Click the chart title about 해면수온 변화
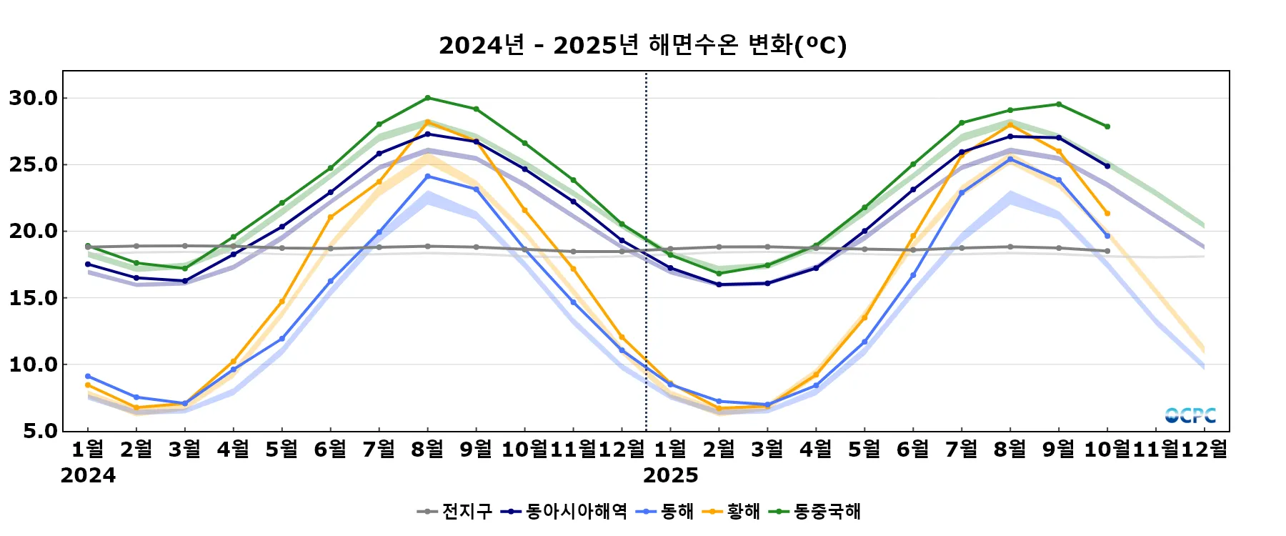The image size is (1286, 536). point(642,45)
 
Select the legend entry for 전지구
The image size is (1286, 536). point(455,511)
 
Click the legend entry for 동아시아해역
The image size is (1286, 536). point(564,511)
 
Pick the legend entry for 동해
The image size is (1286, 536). point(668,511)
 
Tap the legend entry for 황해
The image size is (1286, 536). point(732,511)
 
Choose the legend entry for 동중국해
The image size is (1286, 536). point(815,511)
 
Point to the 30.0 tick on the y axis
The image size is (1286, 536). point(34,98)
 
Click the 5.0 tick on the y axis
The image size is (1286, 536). point(40,431)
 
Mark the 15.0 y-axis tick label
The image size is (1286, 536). point(34,298)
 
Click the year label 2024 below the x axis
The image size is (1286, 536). point(88,475)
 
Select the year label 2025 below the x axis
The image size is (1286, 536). point(671,475)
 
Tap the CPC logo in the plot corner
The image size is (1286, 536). point(1190,415)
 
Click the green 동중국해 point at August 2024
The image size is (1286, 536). point(428,98)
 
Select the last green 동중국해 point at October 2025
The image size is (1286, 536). point(1107,126)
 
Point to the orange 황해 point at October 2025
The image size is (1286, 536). point(1107,213)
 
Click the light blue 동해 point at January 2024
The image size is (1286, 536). point(88,376)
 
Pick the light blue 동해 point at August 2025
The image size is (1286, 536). point(1010,159)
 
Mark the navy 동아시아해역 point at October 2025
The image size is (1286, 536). point(1107,166)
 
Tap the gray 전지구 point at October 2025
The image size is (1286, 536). point(1107,251)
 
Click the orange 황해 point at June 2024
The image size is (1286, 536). point(331,217)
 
